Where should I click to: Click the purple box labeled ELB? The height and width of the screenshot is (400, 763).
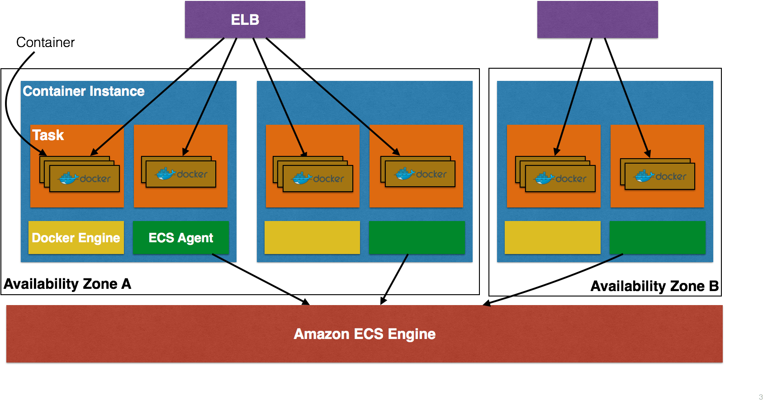coord(245,19)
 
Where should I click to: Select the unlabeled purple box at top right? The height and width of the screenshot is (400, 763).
coord(597,19)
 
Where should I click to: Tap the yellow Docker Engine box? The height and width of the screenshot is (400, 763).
coord(76,237)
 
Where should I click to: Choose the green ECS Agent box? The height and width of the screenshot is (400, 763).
coord(180,237)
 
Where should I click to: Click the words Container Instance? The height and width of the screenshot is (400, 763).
coord(84,91)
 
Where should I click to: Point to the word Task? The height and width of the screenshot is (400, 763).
coord(48,135)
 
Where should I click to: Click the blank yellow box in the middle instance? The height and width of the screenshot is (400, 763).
coord(312,237)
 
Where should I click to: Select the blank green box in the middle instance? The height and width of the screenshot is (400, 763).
coord(417,237)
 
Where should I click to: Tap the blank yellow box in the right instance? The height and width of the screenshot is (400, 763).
coord(552,237)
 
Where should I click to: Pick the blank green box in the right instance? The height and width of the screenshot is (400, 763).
coord(657,237)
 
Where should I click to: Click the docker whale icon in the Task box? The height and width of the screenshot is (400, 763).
coord(68,179)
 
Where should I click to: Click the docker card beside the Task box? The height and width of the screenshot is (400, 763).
coord(181,174)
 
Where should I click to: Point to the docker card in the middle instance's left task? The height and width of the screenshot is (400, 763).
coord(318,179)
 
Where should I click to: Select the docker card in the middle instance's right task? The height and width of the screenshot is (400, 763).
coord(420,174)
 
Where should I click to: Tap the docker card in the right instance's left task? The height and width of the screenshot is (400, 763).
coord(560,179)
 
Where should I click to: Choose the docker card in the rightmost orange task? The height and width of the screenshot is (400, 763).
coord(660,176)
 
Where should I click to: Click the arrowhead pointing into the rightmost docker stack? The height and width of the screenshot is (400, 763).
coord(648,154)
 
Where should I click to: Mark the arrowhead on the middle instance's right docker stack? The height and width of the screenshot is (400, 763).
coord(396,152)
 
